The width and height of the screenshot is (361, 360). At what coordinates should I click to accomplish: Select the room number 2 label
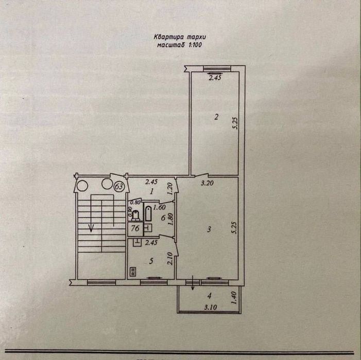217,117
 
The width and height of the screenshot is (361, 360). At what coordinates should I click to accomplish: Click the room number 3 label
208,230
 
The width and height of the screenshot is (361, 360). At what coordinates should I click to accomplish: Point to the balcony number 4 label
209,296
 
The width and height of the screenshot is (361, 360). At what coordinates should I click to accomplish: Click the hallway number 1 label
151,191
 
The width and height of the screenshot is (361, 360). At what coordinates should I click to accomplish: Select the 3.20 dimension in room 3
207,183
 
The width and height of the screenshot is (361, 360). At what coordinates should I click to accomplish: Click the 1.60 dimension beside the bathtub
160,207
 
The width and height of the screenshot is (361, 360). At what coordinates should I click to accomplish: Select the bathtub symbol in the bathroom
148,213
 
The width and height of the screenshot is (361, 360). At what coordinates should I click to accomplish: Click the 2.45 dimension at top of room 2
214,78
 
